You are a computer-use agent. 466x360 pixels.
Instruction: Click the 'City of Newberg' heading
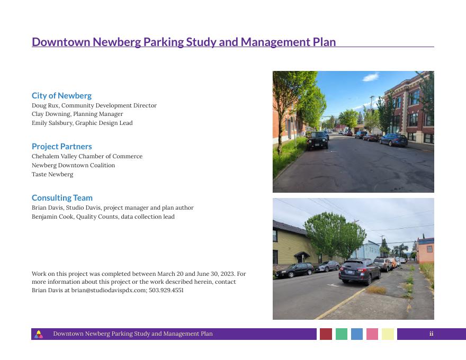click(x=61, y=96)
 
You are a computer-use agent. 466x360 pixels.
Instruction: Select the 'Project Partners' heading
click(x=62, y=147)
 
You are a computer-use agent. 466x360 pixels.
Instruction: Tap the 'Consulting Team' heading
click(x=62, y=198)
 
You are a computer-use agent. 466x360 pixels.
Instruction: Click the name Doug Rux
click(x=45, y=105)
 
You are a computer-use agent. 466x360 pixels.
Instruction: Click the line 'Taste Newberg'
click(x=52, y=174)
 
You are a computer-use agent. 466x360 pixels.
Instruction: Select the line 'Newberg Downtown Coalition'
click(x=73, y=165)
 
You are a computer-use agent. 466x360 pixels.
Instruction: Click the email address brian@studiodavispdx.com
click(x=109, y=290)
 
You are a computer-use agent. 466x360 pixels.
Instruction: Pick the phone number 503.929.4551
click(x=166, y=290)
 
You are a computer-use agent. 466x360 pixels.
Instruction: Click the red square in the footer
click(x=326, y=334)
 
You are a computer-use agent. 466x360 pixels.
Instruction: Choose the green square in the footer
click(x=342, y=334)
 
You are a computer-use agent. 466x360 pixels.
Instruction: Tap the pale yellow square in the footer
click(x=388, y=334)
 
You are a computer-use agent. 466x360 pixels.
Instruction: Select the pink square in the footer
click(x=372, y=334)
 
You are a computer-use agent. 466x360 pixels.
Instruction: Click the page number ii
click(x=431, y=334)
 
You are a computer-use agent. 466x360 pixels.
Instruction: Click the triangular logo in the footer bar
click(x=39, y=335)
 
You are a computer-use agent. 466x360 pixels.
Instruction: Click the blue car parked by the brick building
click(x=394, y=140)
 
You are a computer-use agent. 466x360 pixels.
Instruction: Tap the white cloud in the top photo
click(x=370, y=77)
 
